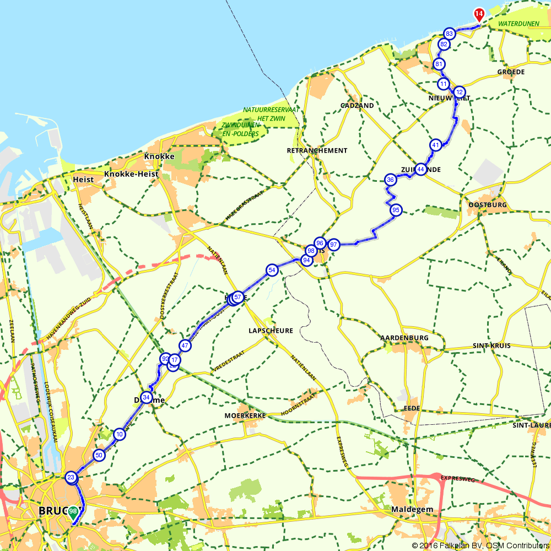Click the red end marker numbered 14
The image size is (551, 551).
(x=479, y=13)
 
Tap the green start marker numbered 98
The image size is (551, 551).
(x=73, y=511)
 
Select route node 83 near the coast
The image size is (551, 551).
(x=450, y=34)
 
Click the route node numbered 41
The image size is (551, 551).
(x=436, y=145)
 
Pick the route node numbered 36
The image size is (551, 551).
(x=391, y=180)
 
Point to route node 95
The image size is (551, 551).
(x=396, y=210)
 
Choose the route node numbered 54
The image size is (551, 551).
(x=271, y=270)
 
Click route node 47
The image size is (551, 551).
(x=185, y=346)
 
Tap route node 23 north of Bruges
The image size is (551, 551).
(x=71, y=477)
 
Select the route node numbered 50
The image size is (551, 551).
(x=99, y=455)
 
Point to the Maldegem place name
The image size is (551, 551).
(x=413, y=509)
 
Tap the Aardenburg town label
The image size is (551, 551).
(x=404, y=337)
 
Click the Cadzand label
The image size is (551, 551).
(x=357, y=105)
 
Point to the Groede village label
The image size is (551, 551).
(x=511, y=72)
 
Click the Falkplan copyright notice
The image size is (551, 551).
(x=479, y=545)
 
